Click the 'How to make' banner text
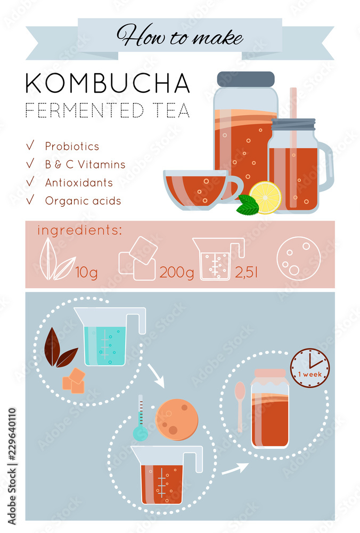coord(180,36)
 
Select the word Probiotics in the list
coord(72,146)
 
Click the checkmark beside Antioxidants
coord(30,181)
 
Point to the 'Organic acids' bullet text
coord(83,201)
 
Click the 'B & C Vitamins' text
coord(85,164)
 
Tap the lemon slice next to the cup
coord(265,197)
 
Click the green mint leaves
coord(247,205)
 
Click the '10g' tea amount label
coord(86,273)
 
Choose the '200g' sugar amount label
coord(177,273)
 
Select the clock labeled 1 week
coord(310,368)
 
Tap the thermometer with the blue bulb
coord(141,421)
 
